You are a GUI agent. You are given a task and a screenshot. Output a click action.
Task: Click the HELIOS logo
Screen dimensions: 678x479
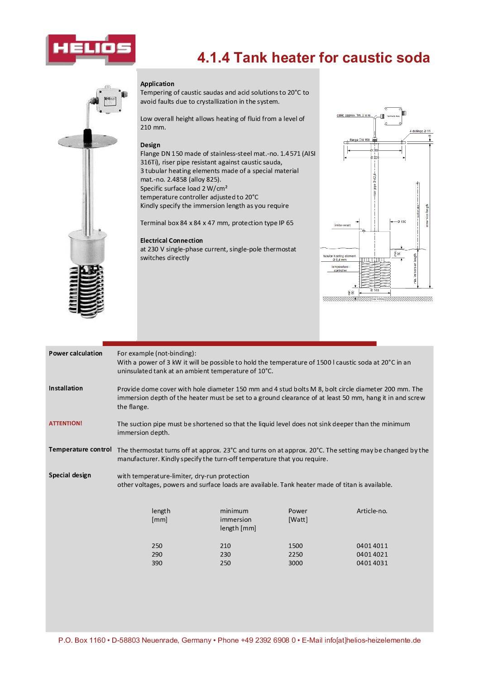(x=91, y=49)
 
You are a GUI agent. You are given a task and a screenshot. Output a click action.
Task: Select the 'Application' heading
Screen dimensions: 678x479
(x=157, y=84)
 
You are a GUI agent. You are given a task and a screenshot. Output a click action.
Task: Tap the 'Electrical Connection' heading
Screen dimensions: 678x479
(x=171, y=240)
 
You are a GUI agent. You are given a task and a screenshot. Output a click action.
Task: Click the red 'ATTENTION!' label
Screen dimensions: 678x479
(x=66, y=423)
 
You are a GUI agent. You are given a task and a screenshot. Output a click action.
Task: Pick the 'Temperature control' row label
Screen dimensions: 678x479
(x=80, y=449)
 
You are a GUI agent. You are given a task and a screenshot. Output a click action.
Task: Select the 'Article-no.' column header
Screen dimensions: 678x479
(x=372, y=511)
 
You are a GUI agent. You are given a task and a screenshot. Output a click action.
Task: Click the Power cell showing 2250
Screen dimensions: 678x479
(x=295, y=554)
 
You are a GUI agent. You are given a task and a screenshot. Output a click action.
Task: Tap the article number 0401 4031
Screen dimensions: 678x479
(x=372, y=563)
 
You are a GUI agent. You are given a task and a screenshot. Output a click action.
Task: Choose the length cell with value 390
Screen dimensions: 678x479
(x=157, y=563)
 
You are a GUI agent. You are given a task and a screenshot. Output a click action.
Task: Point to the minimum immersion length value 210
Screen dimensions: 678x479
(x=225, y=546)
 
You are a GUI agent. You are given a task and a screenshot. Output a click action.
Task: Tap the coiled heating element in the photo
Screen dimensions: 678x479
(x=86, y=290)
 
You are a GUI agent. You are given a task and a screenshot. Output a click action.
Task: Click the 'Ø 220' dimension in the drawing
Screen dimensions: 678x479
(x=375, y=158)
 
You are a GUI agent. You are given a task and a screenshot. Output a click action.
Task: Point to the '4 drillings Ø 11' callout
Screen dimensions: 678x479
(x=420, y=131)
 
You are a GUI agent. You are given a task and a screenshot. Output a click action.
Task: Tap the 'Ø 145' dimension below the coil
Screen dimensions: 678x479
(x=374, y=290)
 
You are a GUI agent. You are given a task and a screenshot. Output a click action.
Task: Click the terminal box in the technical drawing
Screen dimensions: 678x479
(x=393, y=116)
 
